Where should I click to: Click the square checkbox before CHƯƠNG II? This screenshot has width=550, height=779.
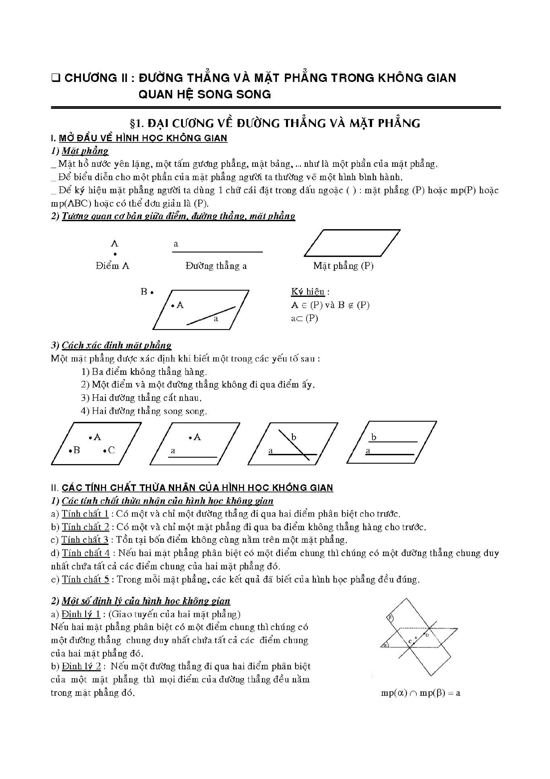[x=55, y=79]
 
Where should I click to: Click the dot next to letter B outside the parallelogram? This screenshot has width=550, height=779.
[x=152, y=292]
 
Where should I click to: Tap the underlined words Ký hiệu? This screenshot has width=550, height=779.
[x=308, y=292]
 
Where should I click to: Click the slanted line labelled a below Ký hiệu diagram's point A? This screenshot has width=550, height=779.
[x=211, y=316]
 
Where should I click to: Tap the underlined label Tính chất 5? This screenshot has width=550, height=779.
[x=85, y=579]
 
